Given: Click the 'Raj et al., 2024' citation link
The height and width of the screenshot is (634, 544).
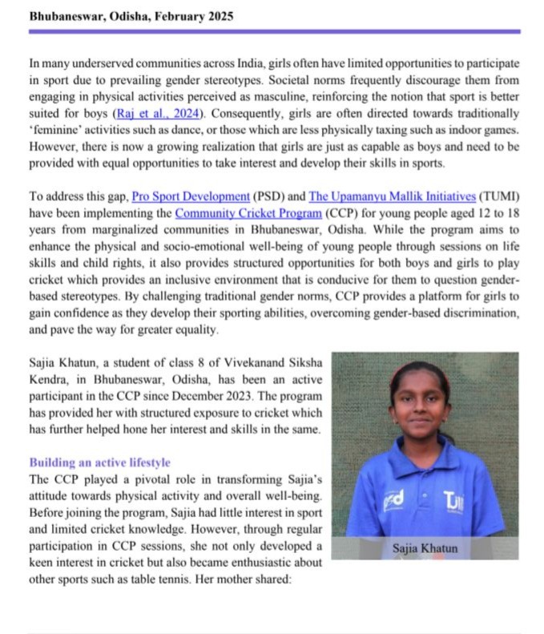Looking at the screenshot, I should click(x=156, y=113).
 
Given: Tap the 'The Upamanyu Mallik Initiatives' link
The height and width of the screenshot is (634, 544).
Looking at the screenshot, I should click(x=370, y=197).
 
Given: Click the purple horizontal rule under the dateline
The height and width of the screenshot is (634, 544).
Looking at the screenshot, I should click(x=273, y=31).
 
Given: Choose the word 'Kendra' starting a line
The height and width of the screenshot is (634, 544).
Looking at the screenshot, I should click(x=49, y=379).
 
